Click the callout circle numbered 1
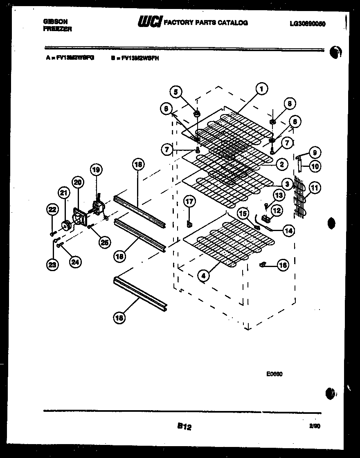(261, 88)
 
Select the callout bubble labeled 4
(202, 275)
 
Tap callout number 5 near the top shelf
(176, 92)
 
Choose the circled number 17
(189, 201)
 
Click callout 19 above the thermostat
(96, 170)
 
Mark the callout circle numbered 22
(52, 210)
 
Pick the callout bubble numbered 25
(104, 242)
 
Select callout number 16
(283, 265)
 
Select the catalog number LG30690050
(307, 24)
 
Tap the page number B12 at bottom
(184, 427)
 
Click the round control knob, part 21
(65, 224)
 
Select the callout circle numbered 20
(77, 182)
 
